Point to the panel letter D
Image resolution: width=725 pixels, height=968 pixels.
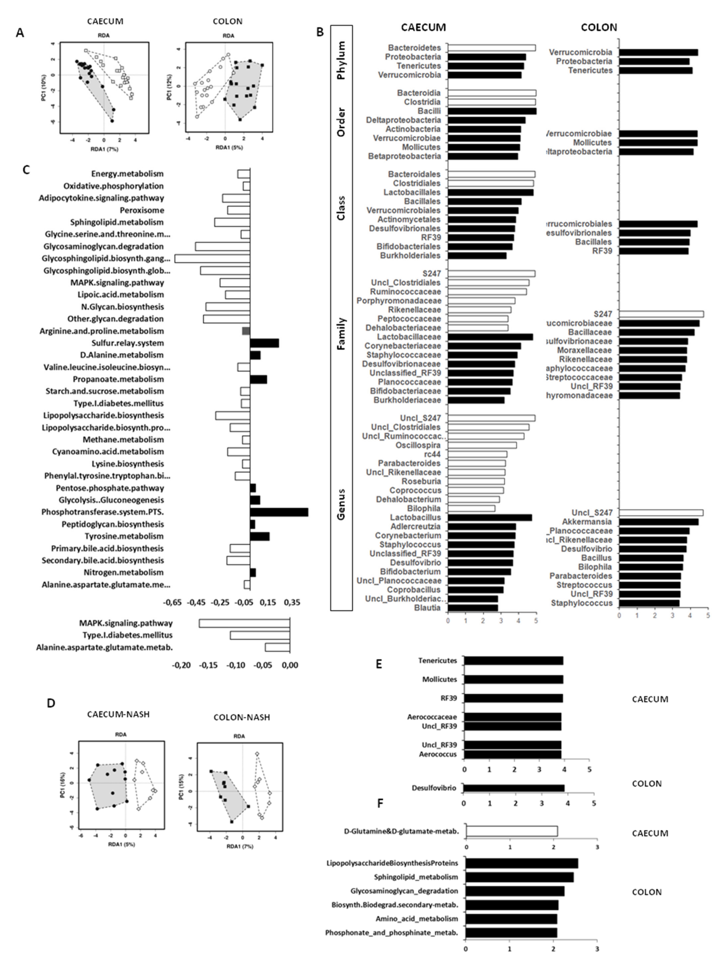tap(51, 703)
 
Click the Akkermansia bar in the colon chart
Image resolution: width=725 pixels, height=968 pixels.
tap(659, 522)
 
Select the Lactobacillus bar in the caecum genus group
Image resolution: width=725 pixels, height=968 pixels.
tap(490, 517)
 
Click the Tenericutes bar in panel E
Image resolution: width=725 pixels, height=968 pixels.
tap(513, 661)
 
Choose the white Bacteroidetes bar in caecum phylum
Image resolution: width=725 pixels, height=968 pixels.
tap(492, 48)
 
